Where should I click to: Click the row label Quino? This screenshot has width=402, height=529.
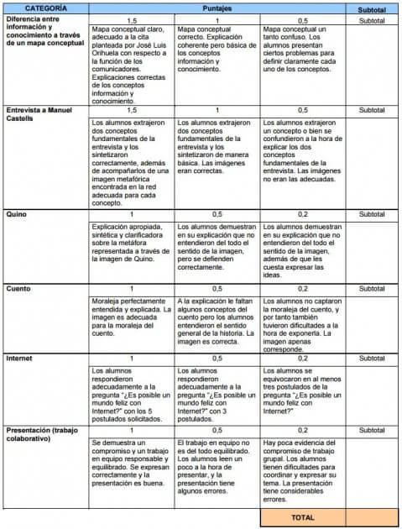pyautogui.click(x=18, y=215)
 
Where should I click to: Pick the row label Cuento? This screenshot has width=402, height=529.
pyautogui.click(x=19, y=288)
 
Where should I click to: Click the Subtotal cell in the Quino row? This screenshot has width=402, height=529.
pyautogui.click(x=372, y=215)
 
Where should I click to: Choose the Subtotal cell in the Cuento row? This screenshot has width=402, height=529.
pyautogui.click(x=372, y=288)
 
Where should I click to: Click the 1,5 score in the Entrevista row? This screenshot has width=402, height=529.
pyautogui.click(x=131, y=110)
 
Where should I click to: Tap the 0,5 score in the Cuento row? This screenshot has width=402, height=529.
pyautogui.click(x=217, y=288)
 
